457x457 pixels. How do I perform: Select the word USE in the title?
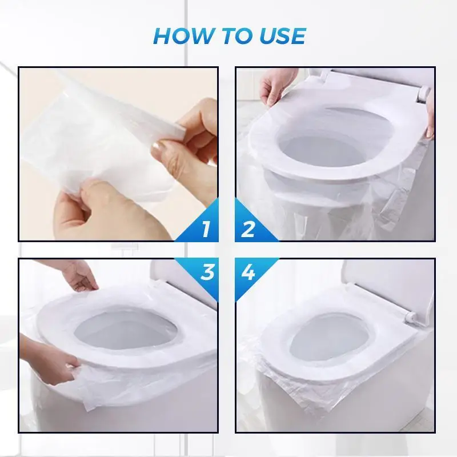[x=282, y=35]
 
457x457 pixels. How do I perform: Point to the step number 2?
[x=249, y=228]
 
